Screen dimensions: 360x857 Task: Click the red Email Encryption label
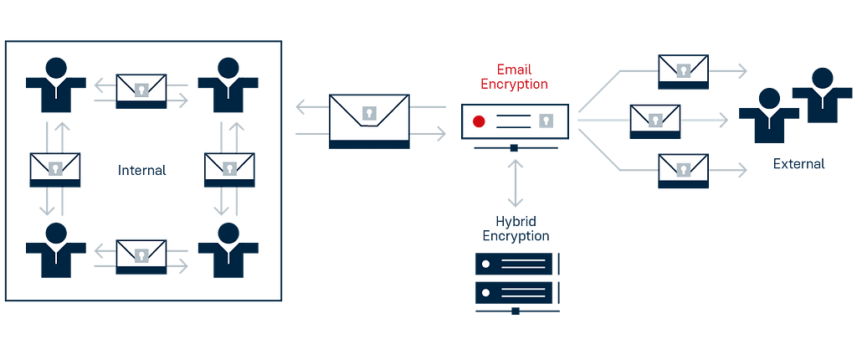[x=515, y=76]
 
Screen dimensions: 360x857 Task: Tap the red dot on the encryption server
[x=479, y=122]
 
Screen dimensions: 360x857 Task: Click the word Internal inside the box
[x=142, y=170]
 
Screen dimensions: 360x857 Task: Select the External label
[x=798, y=163]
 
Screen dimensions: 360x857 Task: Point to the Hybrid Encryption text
[x=515, y=229]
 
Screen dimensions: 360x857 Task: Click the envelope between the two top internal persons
[x=141, y=89]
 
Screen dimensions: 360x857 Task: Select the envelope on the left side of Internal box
[x=55, y=167]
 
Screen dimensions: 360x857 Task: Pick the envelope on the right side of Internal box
[x=229, y=167]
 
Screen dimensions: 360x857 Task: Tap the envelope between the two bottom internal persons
[x=141, y=255]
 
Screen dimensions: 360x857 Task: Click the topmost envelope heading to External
[x=683, y=70]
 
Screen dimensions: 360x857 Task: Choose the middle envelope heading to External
[x=654, y=119]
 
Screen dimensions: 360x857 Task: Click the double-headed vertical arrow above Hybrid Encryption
[x=515, y=183]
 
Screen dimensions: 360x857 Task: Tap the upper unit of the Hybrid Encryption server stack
[x=515, y=264]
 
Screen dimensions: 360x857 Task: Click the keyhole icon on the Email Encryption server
[x=547, y=122]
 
